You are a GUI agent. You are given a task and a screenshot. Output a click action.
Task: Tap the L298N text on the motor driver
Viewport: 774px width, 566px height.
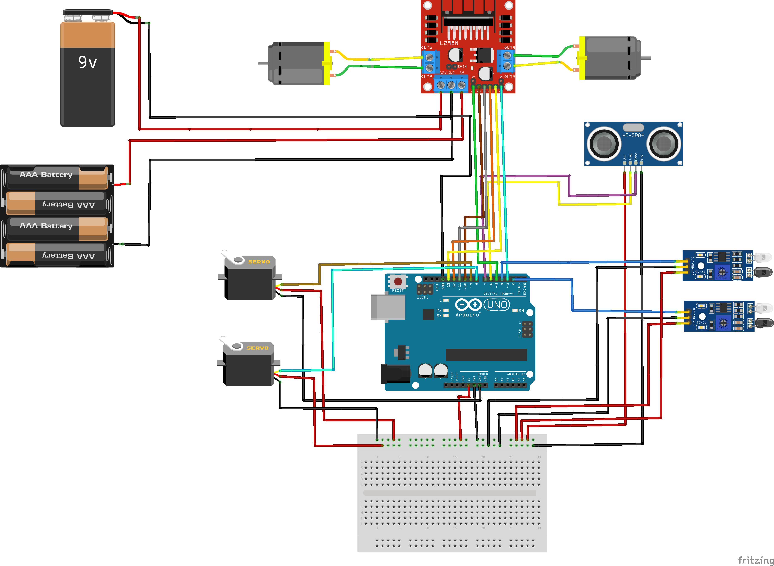tap(449, 43)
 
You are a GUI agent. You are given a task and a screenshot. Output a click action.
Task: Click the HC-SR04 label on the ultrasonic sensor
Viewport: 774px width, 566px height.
tap(633, 135)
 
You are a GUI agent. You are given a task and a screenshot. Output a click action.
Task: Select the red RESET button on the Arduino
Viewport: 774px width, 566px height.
tap(398, 281)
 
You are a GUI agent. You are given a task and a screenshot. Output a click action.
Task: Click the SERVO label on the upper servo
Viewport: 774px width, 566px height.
tap(259, 262)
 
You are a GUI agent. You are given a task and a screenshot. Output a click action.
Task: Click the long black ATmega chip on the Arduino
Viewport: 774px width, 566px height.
tap(486, 355)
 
